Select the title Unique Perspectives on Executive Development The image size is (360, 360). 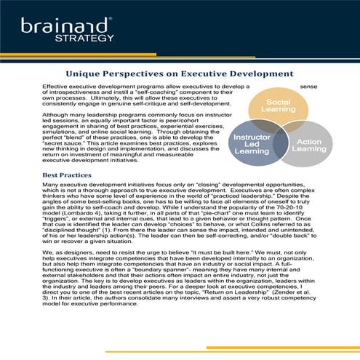click(x=179, y=73)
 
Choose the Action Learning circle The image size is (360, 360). click(x=309, y=143)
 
